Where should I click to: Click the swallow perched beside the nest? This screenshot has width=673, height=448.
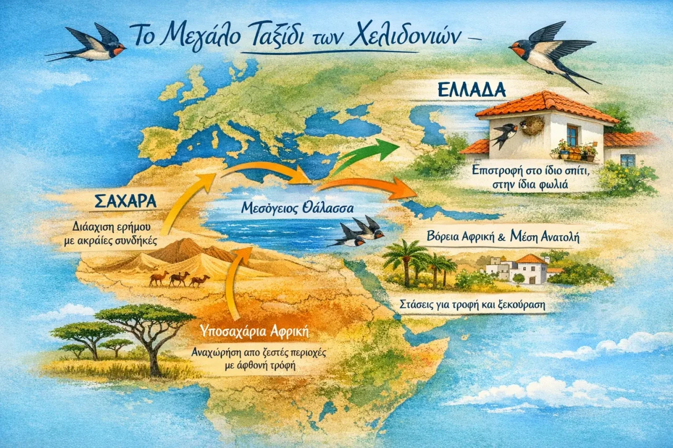[505, 134]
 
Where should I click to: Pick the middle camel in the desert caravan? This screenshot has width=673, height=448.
[179, 278]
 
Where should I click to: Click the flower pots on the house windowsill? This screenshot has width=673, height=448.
[573, 153]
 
